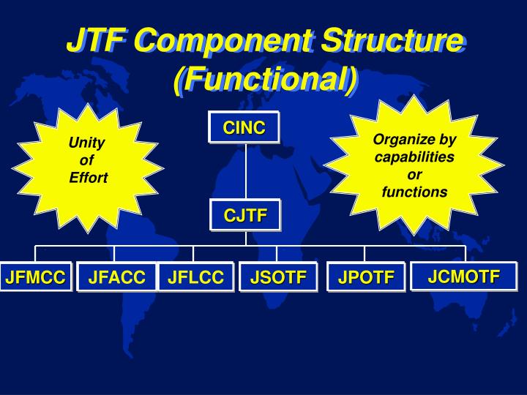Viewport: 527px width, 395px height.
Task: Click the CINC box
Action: click(244, 128)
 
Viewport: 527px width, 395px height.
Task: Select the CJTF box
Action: click(245, 215)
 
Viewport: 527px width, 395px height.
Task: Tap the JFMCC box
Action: click(35, 277)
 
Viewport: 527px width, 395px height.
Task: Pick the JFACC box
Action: click(117, 277)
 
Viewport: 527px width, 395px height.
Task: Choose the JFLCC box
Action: click(195, 277)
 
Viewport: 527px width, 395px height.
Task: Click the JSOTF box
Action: click(278, 277)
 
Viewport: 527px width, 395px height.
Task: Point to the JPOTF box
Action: click(366, 277)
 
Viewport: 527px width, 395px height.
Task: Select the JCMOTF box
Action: click(464, 276)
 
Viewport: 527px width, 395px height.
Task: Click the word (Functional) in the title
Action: click(265, 79)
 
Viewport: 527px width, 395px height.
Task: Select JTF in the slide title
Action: click(93, 42)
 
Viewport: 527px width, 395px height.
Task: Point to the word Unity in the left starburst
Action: click(87, 143)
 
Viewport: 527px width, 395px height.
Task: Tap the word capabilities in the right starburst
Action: click(414, 157)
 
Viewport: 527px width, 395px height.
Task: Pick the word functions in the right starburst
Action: click(414, 192)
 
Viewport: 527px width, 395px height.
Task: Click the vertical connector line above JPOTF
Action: click(365, 253)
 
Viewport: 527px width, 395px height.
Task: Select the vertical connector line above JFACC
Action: click(116, 253)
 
